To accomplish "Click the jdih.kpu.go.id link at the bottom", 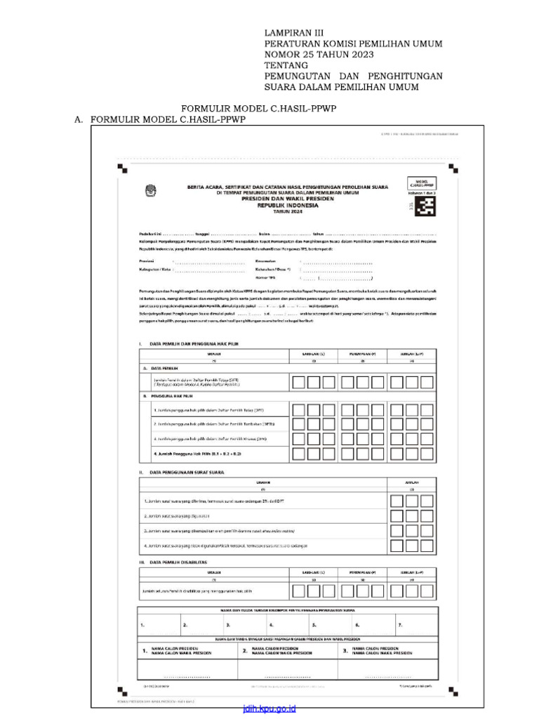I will [269, 709].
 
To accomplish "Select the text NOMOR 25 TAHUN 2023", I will [318, 55].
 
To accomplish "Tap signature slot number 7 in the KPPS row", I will [400, 624].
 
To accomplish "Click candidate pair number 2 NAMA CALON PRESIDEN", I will [281, 651].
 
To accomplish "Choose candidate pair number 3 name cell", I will [382, 651].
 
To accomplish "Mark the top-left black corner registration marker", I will [122, 167].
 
